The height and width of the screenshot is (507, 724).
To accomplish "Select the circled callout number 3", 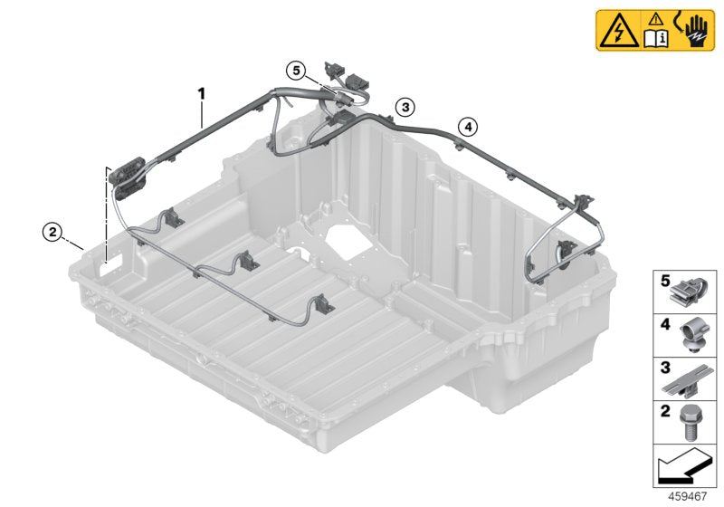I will point(406,107).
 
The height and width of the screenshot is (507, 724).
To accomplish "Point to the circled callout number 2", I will point(53,232).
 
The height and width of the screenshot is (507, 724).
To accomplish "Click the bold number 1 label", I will point(203,93).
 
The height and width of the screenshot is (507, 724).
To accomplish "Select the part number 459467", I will point(689,497).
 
